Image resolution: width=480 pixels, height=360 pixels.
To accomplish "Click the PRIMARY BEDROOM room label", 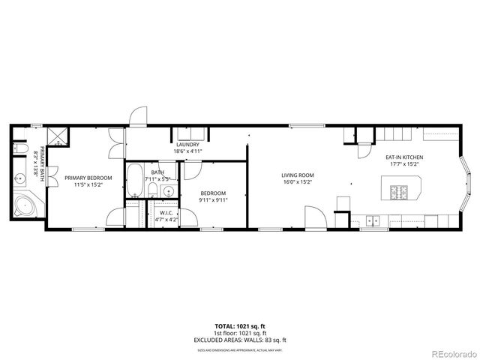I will [x=88, y=178].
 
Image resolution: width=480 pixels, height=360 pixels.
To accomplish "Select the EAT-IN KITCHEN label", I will [x=405, y=157].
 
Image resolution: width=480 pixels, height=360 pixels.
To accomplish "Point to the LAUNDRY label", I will [x=187, y=145].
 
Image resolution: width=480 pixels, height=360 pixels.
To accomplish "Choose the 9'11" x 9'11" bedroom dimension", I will [x=212, y=199].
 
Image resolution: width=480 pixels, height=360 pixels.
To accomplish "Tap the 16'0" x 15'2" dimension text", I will [x=297, y=181].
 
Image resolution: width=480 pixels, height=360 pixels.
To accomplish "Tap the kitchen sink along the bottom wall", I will [x=372, y=220].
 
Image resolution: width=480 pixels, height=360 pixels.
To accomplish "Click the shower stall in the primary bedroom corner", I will [x=56, y=136].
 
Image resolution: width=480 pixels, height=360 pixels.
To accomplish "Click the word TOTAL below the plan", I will [x=225, y=326].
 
